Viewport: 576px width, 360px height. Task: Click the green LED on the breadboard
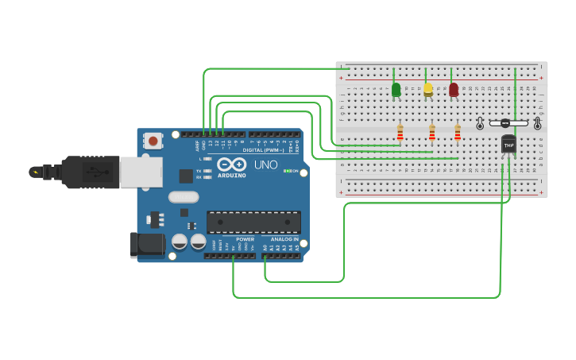[396, 90]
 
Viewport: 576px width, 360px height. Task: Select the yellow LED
[428, 89]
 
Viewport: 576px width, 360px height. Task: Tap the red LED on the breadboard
[454, 90]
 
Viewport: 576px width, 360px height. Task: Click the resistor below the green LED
[400, 132]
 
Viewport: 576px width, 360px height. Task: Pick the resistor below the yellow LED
[432, 132]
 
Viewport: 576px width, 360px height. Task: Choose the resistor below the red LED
[458, 132]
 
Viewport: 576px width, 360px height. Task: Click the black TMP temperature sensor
[508, 145]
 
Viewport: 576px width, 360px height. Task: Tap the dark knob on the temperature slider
[504, 123]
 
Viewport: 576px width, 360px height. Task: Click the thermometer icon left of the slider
[480, 123]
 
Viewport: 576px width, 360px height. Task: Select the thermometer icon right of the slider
[537, 123]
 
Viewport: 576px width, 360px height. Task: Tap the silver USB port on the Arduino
[141, 172]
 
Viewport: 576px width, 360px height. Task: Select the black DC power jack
[147, 245]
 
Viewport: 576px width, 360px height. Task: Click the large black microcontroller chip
[253, 223]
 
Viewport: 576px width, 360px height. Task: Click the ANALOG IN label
[284, 239]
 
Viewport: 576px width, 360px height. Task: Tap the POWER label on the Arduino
[245, 239]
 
